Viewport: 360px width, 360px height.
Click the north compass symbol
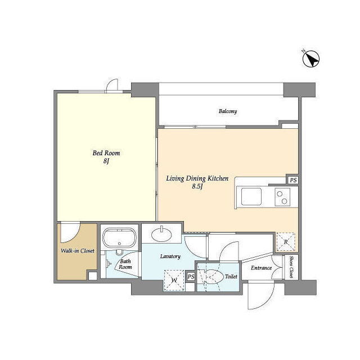point(311,58)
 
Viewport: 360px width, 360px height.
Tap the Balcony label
point(227,111)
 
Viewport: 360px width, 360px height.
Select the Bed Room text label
point(106,153)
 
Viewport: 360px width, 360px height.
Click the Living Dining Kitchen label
point(197,178)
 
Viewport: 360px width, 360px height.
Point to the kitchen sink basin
point(251,196)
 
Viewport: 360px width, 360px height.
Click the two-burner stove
point(282,197)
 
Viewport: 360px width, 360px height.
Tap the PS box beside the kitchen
point(293,180)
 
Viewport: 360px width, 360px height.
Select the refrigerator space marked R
point(286,242)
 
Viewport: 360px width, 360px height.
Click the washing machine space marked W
point(174,281)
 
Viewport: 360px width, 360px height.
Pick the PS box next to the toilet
point(191,277)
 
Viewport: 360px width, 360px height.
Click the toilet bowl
point(213,277)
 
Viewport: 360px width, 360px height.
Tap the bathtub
point(119,237)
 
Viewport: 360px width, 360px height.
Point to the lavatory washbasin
point(161,235)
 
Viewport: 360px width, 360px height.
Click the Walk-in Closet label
point(78,251)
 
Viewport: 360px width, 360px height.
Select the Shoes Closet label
point(291,267)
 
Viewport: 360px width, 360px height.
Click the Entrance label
point(261,268)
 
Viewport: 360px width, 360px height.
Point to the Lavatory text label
point(170,256)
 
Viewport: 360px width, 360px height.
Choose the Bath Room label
point(125,264)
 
